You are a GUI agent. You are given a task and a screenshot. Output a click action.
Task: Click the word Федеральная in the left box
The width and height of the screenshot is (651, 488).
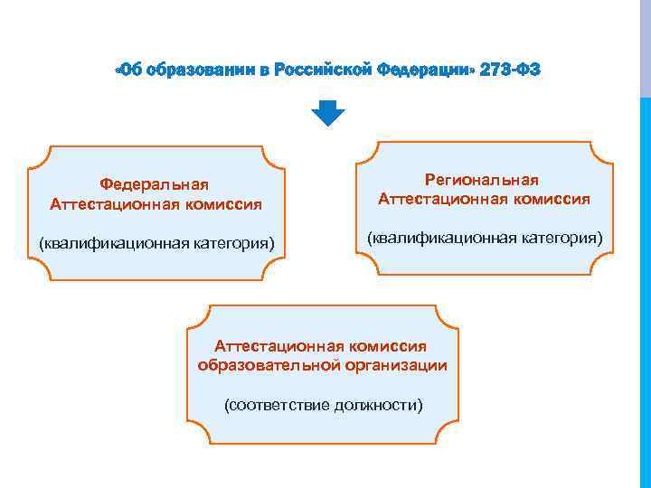(x=156, y=185)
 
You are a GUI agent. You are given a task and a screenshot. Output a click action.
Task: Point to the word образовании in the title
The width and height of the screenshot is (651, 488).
(x=199, y=70)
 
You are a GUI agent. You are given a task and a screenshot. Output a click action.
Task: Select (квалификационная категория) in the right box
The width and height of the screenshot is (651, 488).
(x=484, y=237)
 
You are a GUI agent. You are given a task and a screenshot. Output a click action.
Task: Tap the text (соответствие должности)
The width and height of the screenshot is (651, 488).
(x=323, y=404)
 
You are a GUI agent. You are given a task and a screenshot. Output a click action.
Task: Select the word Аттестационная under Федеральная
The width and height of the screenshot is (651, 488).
(x=113, y=204)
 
